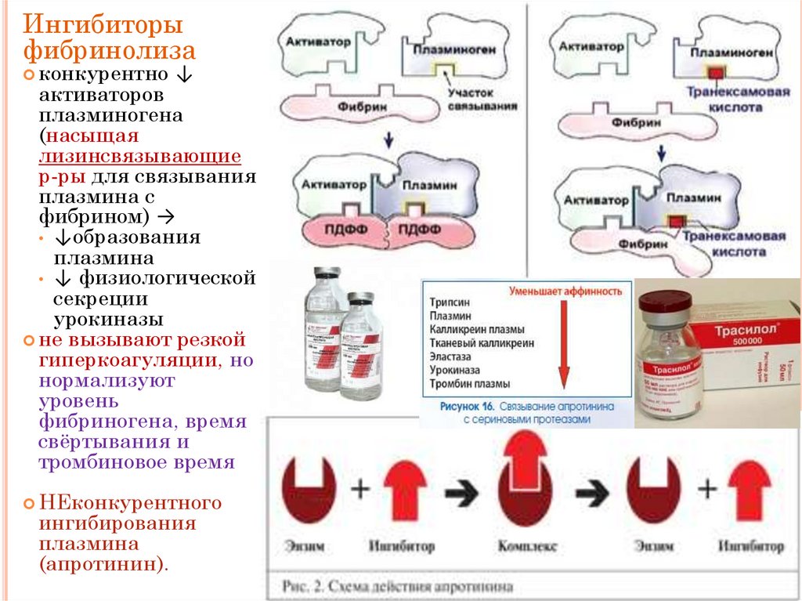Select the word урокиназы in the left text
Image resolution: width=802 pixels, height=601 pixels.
coord(108,320)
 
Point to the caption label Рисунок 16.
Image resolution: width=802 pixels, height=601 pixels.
coord(462,407)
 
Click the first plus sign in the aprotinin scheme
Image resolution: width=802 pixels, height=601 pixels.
coord(359,490)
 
